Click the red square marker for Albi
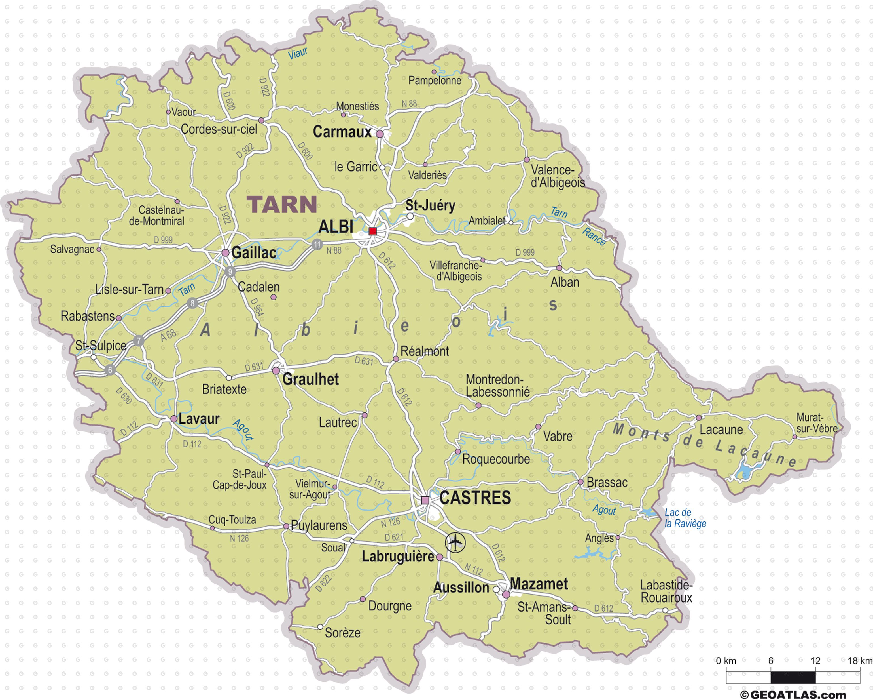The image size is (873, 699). (x=372, y=231)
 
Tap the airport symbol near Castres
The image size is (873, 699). (x=455, y=542)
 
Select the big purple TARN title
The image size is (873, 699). (x=282, y=204)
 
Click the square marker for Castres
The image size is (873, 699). (x=425, y=500)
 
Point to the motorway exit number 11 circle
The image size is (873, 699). (x=317, y=244)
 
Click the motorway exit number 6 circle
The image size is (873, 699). (x=110, y=370)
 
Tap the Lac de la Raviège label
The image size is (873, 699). (x=685, y=518)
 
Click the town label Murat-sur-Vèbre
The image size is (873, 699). (x=816, y=423)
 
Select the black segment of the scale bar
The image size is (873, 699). (x=793, y=677)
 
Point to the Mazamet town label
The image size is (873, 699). (x=539, y=584)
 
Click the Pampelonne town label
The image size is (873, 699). (x=435, y=80)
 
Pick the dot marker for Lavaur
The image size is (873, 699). (x=173, y=419)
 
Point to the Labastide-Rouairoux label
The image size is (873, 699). (x=666, y=591)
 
